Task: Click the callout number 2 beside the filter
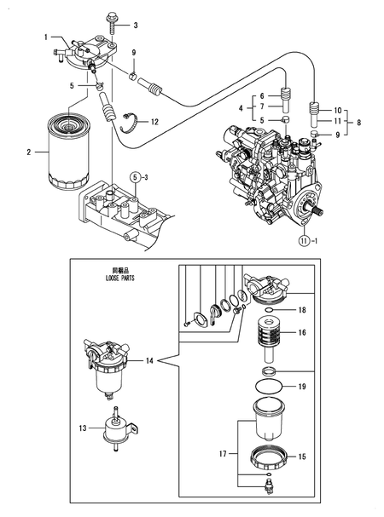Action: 29,152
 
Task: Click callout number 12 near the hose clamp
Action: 154,122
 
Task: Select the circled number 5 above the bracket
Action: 135,176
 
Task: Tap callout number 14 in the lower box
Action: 149,361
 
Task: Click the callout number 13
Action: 84,428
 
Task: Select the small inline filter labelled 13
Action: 113,426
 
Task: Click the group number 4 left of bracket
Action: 241,107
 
